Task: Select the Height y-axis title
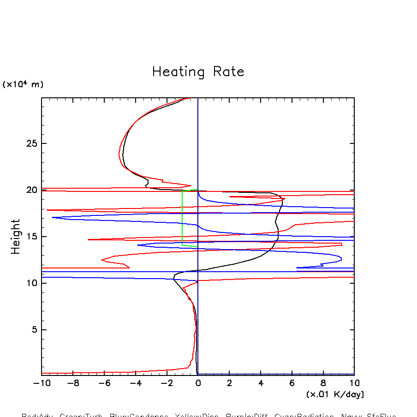coord(16,237)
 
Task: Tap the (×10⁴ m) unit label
coord(23,84)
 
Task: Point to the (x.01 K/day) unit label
coord(335,394)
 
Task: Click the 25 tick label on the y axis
coord(32,143)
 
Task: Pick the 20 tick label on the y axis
coord(32,190)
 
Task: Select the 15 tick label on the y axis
coord(32,237)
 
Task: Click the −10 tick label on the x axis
coord(42,383)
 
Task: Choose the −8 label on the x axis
coord(73,383)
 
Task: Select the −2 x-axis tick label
coord(167,383)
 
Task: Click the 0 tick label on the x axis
coord(198,383)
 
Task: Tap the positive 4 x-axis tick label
coord(261,383)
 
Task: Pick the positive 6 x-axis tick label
coord(292,383)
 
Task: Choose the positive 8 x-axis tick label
coord(323,383)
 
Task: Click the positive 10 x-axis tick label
coord(354,383)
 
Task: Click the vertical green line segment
coord(183,217)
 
